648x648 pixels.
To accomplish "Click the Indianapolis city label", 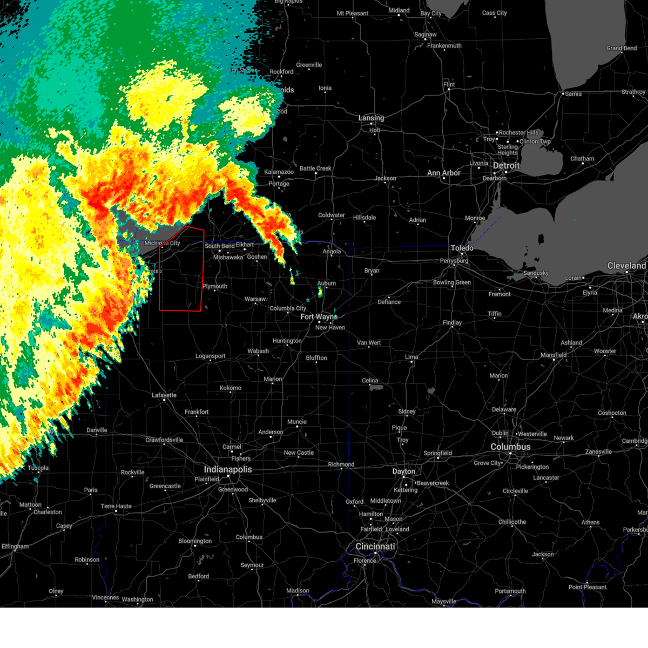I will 227,469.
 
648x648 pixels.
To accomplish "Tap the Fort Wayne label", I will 319,317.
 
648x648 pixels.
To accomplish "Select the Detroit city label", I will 506,166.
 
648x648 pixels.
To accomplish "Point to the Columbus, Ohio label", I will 510,447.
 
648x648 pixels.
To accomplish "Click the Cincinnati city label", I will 375,546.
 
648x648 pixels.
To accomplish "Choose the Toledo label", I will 462,248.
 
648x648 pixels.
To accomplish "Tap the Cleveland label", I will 626,266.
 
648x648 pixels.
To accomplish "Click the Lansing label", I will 372,118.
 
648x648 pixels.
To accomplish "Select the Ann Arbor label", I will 444,173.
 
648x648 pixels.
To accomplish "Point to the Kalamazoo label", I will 279,172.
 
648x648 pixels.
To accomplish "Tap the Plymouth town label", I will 215,286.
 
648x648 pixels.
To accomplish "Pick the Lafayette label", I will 164,395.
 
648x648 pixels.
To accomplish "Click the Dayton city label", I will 403,471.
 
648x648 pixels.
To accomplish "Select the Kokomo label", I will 231,388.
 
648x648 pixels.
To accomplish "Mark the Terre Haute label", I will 116,506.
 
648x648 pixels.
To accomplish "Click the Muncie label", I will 297,422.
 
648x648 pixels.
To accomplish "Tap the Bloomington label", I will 195,541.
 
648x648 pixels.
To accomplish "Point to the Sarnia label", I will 573,94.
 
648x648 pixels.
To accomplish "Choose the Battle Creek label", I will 315,168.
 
